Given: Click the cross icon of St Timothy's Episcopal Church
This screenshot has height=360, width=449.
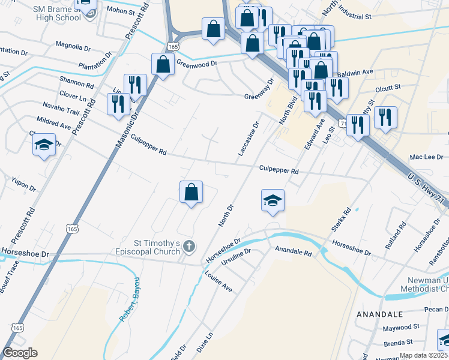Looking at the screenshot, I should click(x=188, y=245).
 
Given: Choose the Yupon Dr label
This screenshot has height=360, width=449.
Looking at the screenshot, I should click(x=24, y=184).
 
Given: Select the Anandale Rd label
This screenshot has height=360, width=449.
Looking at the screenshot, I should click(x=294, y=251).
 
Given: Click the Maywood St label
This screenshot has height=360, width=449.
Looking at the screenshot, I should click(x=401, y=328).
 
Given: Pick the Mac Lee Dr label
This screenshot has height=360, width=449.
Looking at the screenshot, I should click(x=426, y=157).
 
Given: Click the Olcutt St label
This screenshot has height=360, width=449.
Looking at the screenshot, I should click(x=387, y=87).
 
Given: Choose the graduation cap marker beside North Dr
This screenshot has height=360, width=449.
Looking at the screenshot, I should click(x=272, y=200).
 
